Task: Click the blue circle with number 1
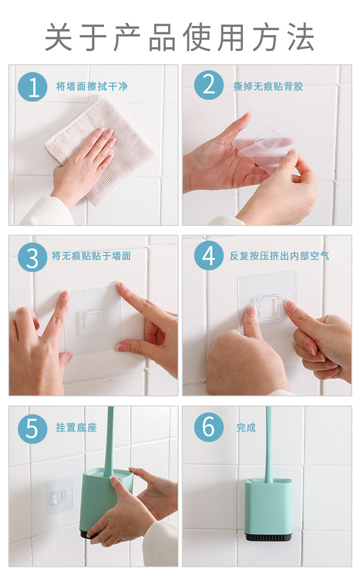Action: tap(33, 87)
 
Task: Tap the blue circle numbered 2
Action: tap(209, 85)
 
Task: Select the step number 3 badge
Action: tap(33, 257)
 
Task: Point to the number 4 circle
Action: tap(209, 255)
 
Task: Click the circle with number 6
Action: tap(209, 427)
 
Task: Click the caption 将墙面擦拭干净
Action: tap(92, 86)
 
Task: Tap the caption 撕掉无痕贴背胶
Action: tap(268, 86)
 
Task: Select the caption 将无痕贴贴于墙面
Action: tap(91, 256)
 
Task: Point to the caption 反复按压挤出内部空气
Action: tap(279, 256)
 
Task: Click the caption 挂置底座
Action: tap(76, 428)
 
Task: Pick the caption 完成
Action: tap(246, 428)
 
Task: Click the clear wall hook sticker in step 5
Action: tap(59, 497)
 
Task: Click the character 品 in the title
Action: tap(162, 36)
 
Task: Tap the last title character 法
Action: tap(301, 36)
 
